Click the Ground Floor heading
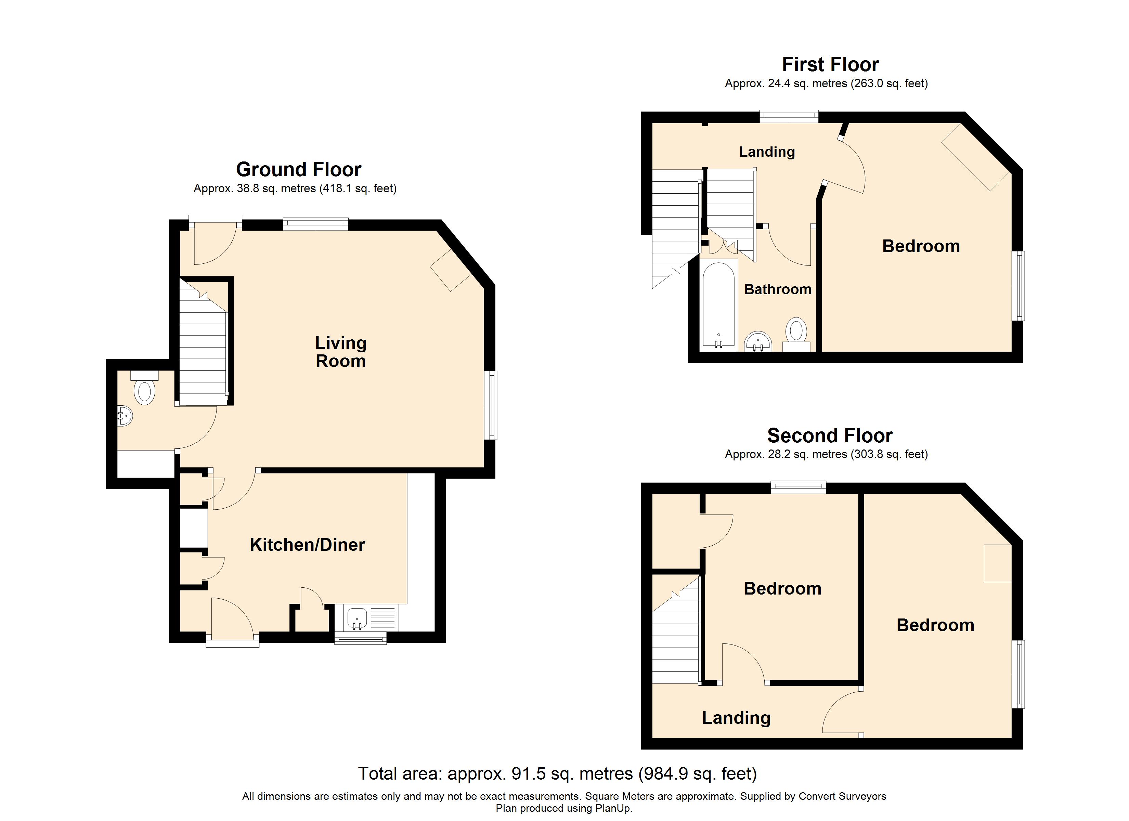click(x=298, y=169)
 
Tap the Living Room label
click(x=340, y=352)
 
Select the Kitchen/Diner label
click(x=307, y=544)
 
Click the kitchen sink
click(x=357, y=618)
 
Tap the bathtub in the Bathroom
click(x=718, y=304)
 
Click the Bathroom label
click(x=778, y=289)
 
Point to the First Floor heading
click(x=830, y=64)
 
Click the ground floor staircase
click(x=203, y=353)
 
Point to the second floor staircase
click(x=675, y=642)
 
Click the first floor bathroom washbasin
click(x=758, y=342)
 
